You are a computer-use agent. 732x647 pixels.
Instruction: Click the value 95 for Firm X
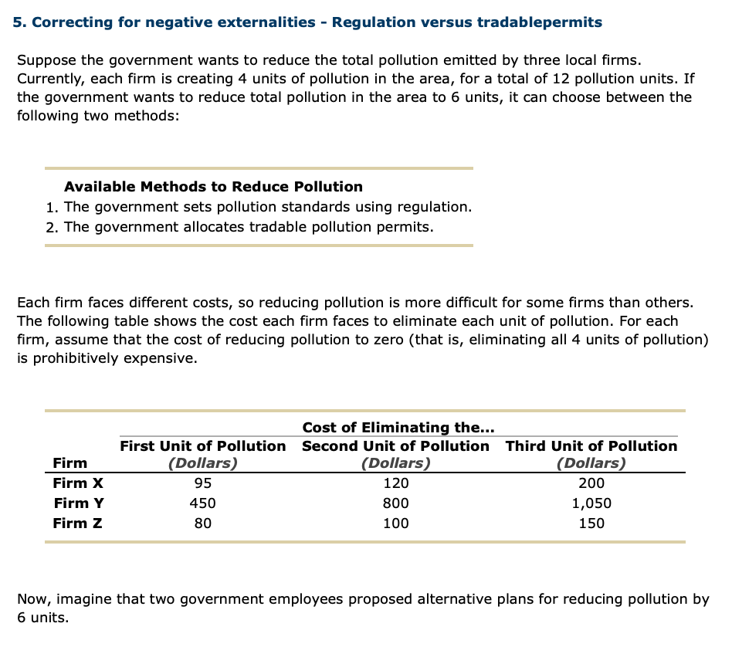coord(202,484)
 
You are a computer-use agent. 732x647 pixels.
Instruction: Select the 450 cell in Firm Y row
coord(202,503)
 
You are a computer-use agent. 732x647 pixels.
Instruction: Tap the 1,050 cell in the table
coord(591,503)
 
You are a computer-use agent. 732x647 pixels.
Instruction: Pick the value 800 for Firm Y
coord(396,503)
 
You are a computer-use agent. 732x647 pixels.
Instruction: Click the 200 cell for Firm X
coord(591,484)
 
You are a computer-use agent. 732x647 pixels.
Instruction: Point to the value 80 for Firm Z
coord(202,523)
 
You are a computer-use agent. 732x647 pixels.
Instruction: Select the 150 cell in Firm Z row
coord(591,523)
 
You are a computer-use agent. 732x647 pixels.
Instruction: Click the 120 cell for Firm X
coord(396,484)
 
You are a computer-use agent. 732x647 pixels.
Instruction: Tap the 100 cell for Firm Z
coord(396,523)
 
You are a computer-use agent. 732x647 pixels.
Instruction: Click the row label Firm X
coord(78,484)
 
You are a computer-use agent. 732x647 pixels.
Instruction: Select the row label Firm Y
coord(79,503)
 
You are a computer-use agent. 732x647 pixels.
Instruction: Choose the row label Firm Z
coord(78,523)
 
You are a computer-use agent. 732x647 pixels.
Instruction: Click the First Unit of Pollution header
coord(202,446)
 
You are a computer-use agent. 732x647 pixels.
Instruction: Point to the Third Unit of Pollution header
coord(591,446)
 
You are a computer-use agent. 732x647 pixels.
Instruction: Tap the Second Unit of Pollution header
coord(395,446)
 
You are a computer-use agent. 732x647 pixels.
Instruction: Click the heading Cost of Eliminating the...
coord(398,428)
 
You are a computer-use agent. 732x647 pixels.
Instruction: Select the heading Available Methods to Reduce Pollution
coord(213,187)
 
